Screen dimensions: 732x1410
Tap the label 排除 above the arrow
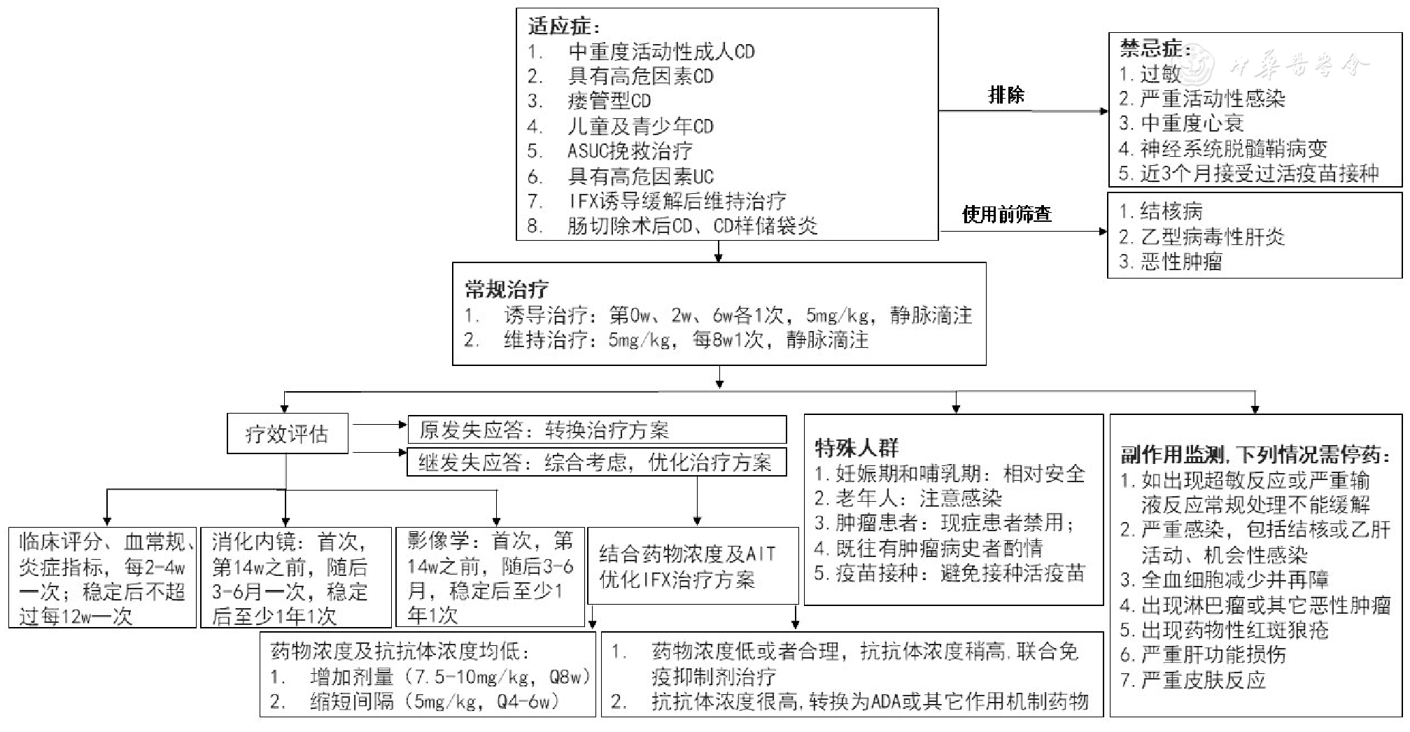(x=1006, y=94)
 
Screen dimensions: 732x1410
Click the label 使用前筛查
(x=1006, y=214)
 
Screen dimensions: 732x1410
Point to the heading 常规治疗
(x=507, y=289)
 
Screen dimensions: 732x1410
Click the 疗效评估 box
(x=287, y=434)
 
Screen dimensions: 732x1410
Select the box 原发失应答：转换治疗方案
(x=597, y=430)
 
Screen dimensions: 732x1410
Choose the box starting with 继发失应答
(x=597, y=462)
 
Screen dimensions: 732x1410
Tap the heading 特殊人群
(x=856, y=448)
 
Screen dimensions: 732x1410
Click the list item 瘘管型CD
(x=609, y=101)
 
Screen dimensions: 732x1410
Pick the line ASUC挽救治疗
(x=629, y=150)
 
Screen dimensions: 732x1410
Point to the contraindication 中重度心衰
(x=1191, y=123)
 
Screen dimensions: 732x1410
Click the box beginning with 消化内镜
(x=295, y=578)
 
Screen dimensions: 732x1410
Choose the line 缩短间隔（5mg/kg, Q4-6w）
(x=434, y=701)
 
